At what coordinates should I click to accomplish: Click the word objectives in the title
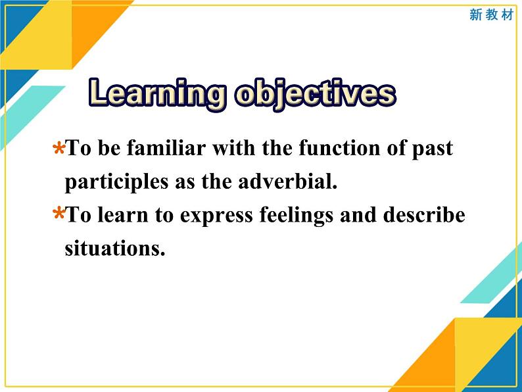click(314, 93)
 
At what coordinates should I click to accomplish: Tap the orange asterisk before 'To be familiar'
click(59, 149)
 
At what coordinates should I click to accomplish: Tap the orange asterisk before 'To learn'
click(59, 214)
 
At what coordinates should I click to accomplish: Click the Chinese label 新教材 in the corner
click(491, 14)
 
